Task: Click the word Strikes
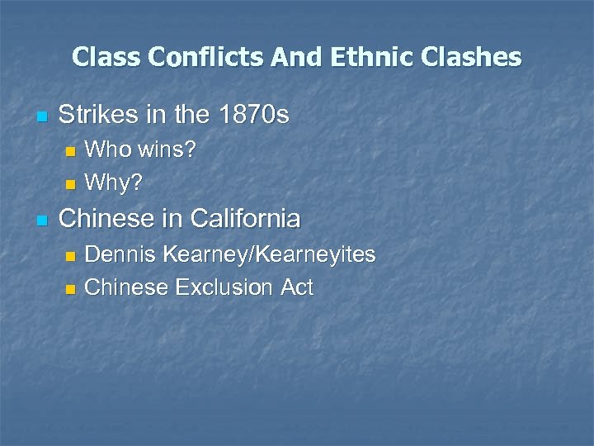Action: pyautogui.click(x=97, y=114)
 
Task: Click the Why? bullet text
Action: pyautogui.click(x=113, y=182)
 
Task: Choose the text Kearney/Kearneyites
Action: pyautogui.click(x=269, y=254)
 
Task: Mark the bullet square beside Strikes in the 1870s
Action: pyautogui.click(x=42, y=116)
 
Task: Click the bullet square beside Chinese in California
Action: pyautogui.click(x=42, y=220)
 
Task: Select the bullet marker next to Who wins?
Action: pyautogui.click(x=70, y=152)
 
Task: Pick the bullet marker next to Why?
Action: pyautogui.click(x=70, y=183)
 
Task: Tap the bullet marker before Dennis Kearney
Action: pyautogui.click(x=70, y=256)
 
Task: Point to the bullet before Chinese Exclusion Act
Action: pyautogui.click(x=70, y=289)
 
